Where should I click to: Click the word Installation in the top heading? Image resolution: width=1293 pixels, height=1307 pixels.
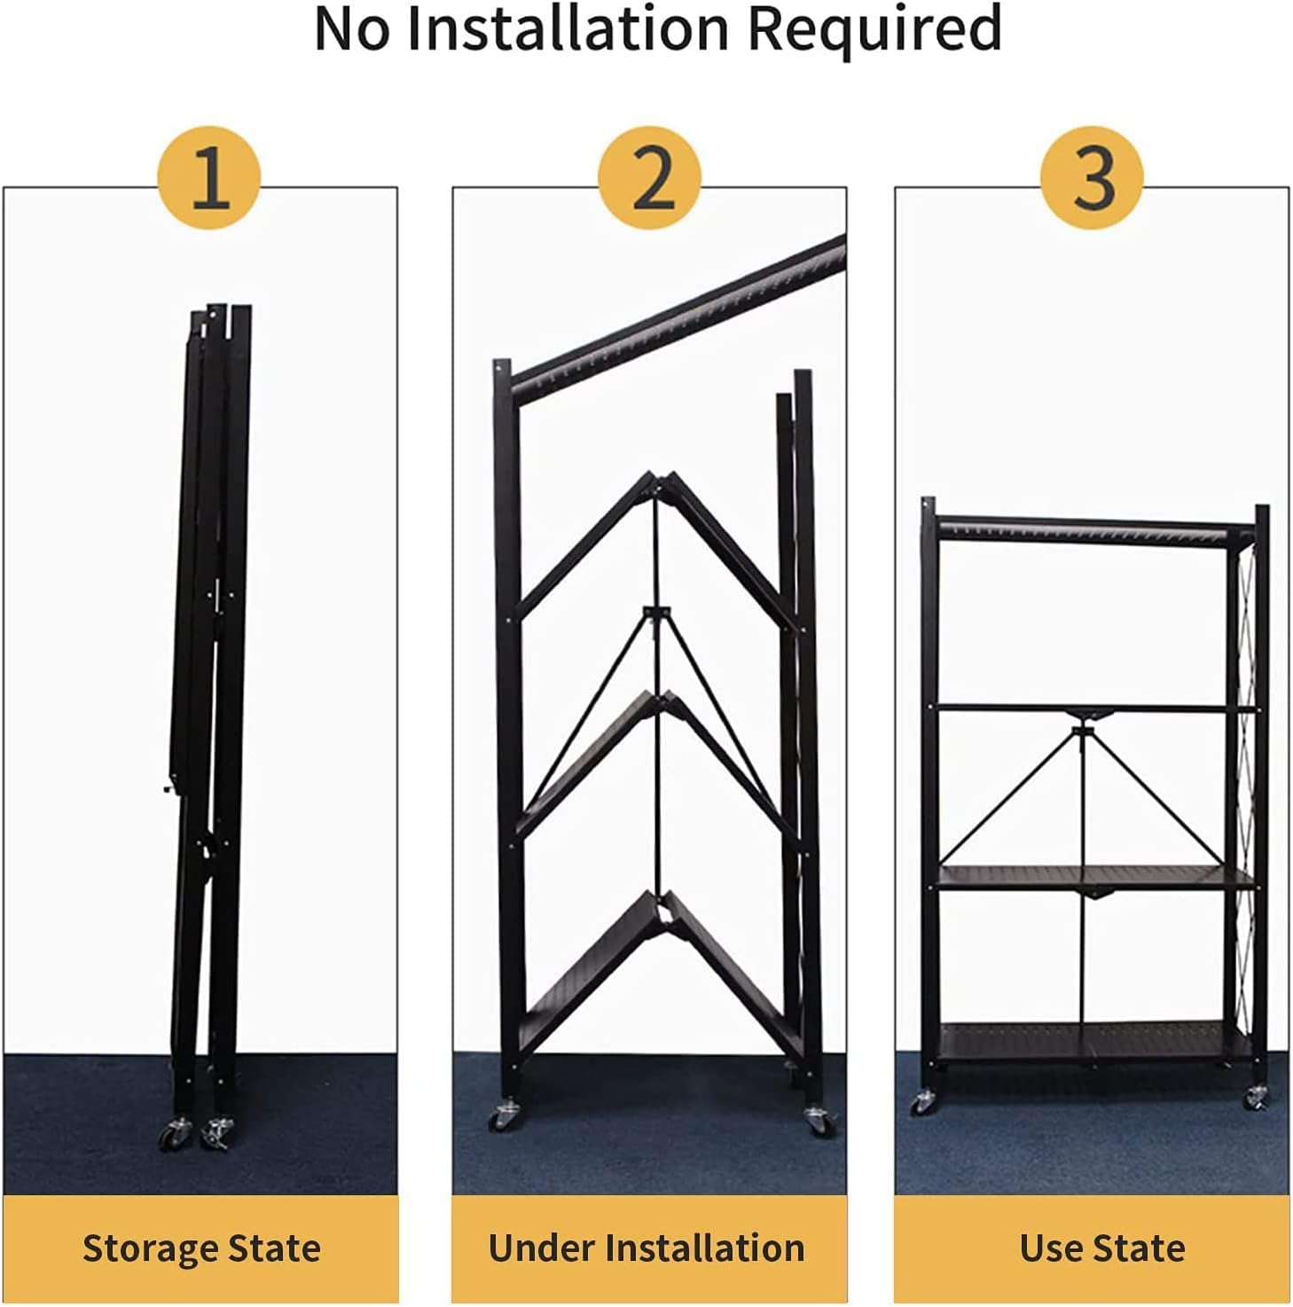click(568, 28)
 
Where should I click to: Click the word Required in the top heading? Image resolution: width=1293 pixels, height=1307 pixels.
click(874, 28)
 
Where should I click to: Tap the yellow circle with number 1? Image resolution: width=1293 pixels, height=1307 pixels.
click(209, 178)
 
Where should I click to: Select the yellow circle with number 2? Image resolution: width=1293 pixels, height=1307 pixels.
click(649, 178)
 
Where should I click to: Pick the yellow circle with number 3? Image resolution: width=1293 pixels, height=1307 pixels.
click(1092, 178)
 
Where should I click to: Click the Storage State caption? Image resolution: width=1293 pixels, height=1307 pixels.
click(201, 1248)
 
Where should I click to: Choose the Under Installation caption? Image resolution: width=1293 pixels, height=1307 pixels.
click(646, 1248)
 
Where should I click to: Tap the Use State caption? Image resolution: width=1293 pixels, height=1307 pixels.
click(1102, 1248)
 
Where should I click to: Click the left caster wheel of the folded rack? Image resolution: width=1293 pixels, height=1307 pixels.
click(173, 1136)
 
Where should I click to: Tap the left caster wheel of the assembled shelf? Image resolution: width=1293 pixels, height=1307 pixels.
click(923, 1103)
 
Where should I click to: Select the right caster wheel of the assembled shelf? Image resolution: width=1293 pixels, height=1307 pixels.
click(1256, 1099)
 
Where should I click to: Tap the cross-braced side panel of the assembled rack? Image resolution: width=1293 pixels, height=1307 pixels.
click(1244, 798)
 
